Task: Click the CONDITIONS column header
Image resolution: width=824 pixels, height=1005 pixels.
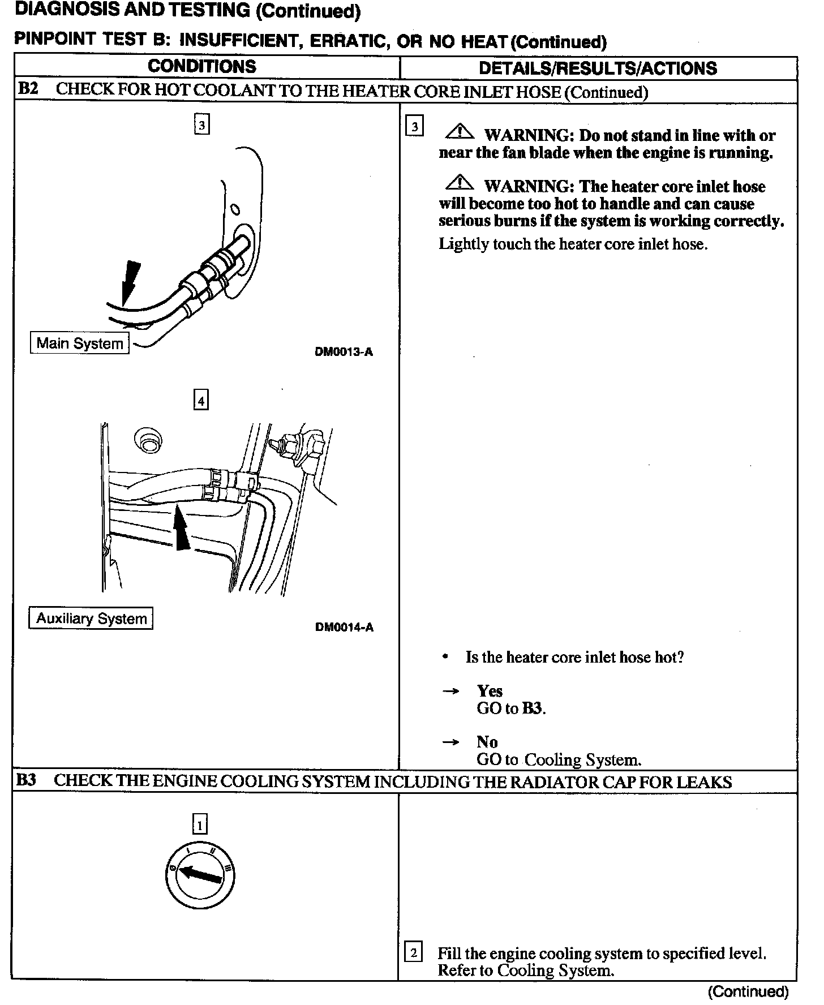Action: pos(202,67)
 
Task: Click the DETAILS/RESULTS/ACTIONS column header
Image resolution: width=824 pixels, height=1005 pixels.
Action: pos(598,68)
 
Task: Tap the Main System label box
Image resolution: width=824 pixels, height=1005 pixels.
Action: pos(79,343)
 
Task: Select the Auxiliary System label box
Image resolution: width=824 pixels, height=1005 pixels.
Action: pos(91,619)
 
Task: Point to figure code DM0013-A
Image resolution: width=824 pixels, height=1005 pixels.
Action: pos(344,352)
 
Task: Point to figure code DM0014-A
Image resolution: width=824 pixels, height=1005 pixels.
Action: pos(344,627)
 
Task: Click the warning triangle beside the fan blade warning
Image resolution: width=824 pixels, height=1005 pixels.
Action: pos(460,132)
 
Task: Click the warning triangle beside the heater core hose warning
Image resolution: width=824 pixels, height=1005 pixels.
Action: pos(460,183)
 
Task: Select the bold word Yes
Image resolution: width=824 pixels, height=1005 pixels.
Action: pos(490,691)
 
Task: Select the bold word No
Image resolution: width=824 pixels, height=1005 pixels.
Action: pos(487,742)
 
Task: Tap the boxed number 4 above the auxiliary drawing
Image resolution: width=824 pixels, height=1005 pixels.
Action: pos(201,401)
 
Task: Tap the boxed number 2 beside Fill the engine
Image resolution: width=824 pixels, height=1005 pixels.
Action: pos(414,953)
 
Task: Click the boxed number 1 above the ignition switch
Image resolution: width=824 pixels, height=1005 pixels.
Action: pos(200,825)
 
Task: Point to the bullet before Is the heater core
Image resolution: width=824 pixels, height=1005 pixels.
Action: pos(446,657)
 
